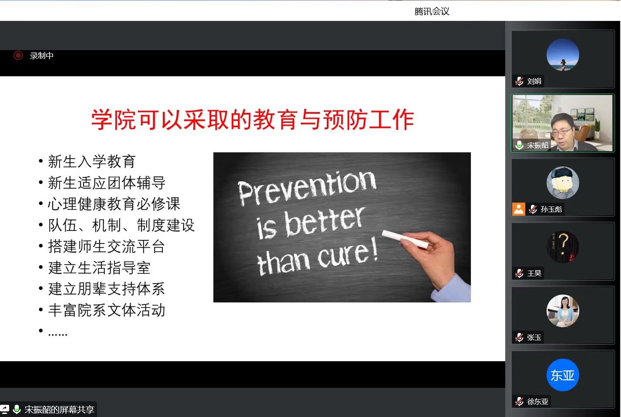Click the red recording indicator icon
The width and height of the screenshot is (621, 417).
[18, 55]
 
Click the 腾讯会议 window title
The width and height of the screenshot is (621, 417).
[432, 11]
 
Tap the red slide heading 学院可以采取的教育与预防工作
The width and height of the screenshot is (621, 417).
[253, 119]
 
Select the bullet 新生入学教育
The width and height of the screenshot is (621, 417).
[91, 161]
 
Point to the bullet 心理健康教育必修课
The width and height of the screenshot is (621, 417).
[114, 204]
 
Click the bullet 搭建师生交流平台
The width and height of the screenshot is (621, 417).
[107, 246]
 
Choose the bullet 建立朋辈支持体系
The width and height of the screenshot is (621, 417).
[107, 288]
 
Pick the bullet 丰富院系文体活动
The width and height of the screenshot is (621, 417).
[107, 310]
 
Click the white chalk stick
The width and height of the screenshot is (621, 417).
[405, 239]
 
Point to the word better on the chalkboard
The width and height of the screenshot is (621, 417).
[325, 222]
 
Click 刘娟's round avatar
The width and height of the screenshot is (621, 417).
[563, 55]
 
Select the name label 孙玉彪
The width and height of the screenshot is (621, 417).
[551, 209]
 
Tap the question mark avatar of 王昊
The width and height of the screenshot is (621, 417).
[563, 247]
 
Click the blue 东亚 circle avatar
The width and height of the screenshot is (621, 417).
[563, 375]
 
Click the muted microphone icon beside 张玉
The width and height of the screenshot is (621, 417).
[519, 337]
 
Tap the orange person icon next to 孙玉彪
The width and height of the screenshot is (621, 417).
[518, 209]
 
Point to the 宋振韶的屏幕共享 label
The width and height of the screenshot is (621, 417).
[59, 410]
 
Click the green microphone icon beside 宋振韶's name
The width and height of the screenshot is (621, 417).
[519, 145]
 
